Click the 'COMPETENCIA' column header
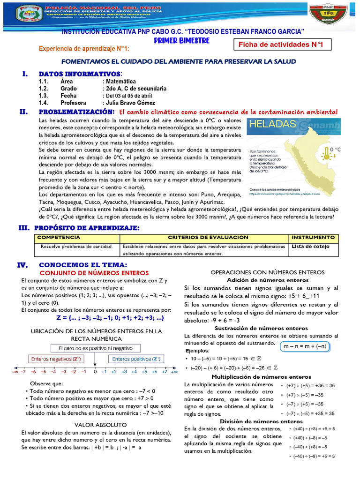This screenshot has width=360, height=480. (x=59, y=238)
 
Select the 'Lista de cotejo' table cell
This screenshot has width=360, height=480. (x=310, y=246)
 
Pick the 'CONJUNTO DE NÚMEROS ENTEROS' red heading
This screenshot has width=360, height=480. (x=94, y=273)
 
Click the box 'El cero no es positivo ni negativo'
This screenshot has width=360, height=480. (x=95, y=349)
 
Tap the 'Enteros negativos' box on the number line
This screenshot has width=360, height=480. (x=56, y=359)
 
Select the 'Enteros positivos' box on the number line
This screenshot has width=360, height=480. (x=136, y=359)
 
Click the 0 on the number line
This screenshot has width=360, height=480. (x=95, y=371)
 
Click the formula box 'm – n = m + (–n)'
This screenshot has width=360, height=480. (x=305, y=346)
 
